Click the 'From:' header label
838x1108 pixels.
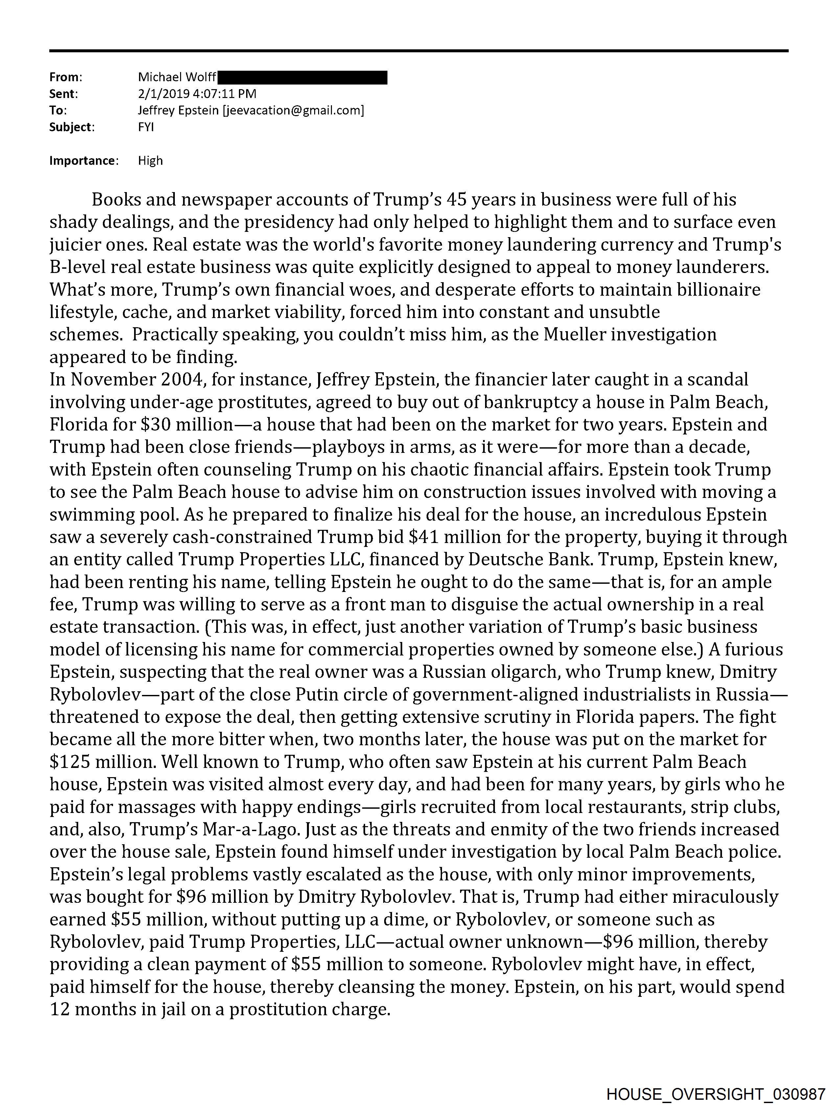pos(66,77)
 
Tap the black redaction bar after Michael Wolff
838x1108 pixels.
pos(302,77)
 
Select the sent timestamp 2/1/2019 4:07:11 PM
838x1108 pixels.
pos(197,94)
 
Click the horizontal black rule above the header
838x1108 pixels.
pos(418,51)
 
